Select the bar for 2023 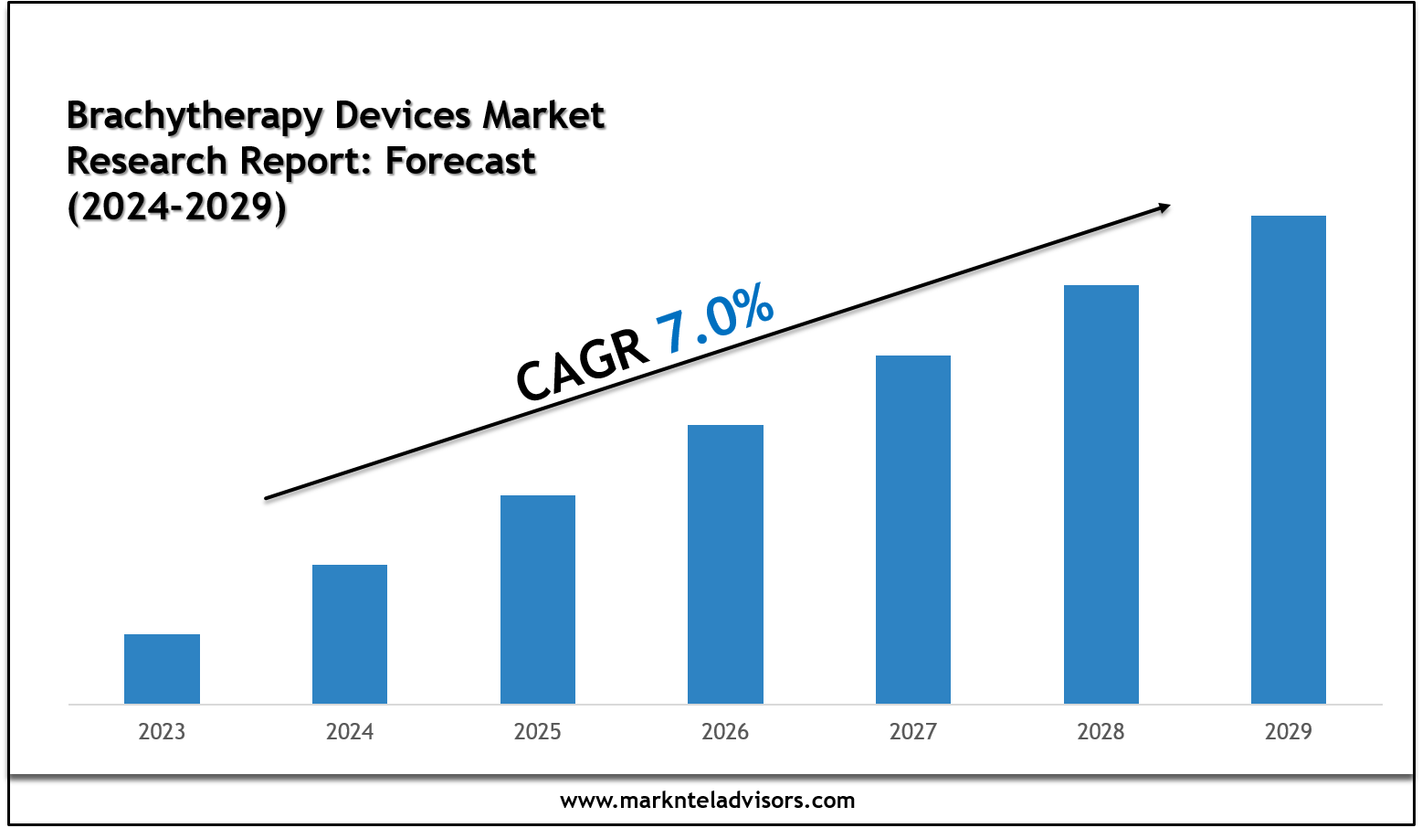click(x=162, y=668)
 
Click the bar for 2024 click(x=350, y=633)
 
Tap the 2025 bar click(x=538, y=599)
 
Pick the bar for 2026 click(x=725, y=564)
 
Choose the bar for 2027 click(x=913, y=529)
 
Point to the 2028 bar click(x=1101, y=494)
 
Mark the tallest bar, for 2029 click(x=1289, y=460)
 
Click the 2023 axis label click(x=162, y=732)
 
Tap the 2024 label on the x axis click(x=350, y=732)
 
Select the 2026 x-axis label click(x=725, y=732)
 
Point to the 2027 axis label click(x=913, y=732)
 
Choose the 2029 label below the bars click(x=1289, y=732)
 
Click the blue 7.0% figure click(x=715, y=319)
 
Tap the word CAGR click(x=582, y=366)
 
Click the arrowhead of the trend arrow click(x=1164, y=207)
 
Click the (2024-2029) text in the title click(x=176, y=207)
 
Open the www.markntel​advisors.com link click(x=708, y=801)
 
